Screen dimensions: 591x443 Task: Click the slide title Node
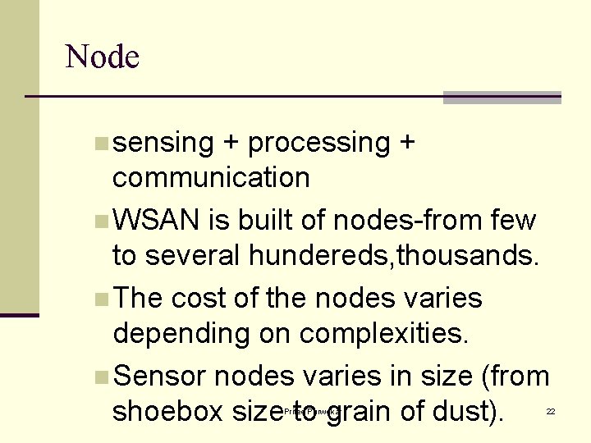tap(103, 57)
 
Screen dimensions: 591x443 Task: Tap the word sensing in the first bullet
tap(162, 143)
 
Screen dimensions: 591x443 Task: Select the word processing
tap(318, 143)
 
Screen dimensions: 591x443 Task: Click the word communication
tap(211, 178)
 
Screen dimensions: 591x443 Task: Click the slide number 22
tap(551, 410)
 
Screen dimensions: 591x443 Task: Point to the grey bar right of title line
tap(502, 97)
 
